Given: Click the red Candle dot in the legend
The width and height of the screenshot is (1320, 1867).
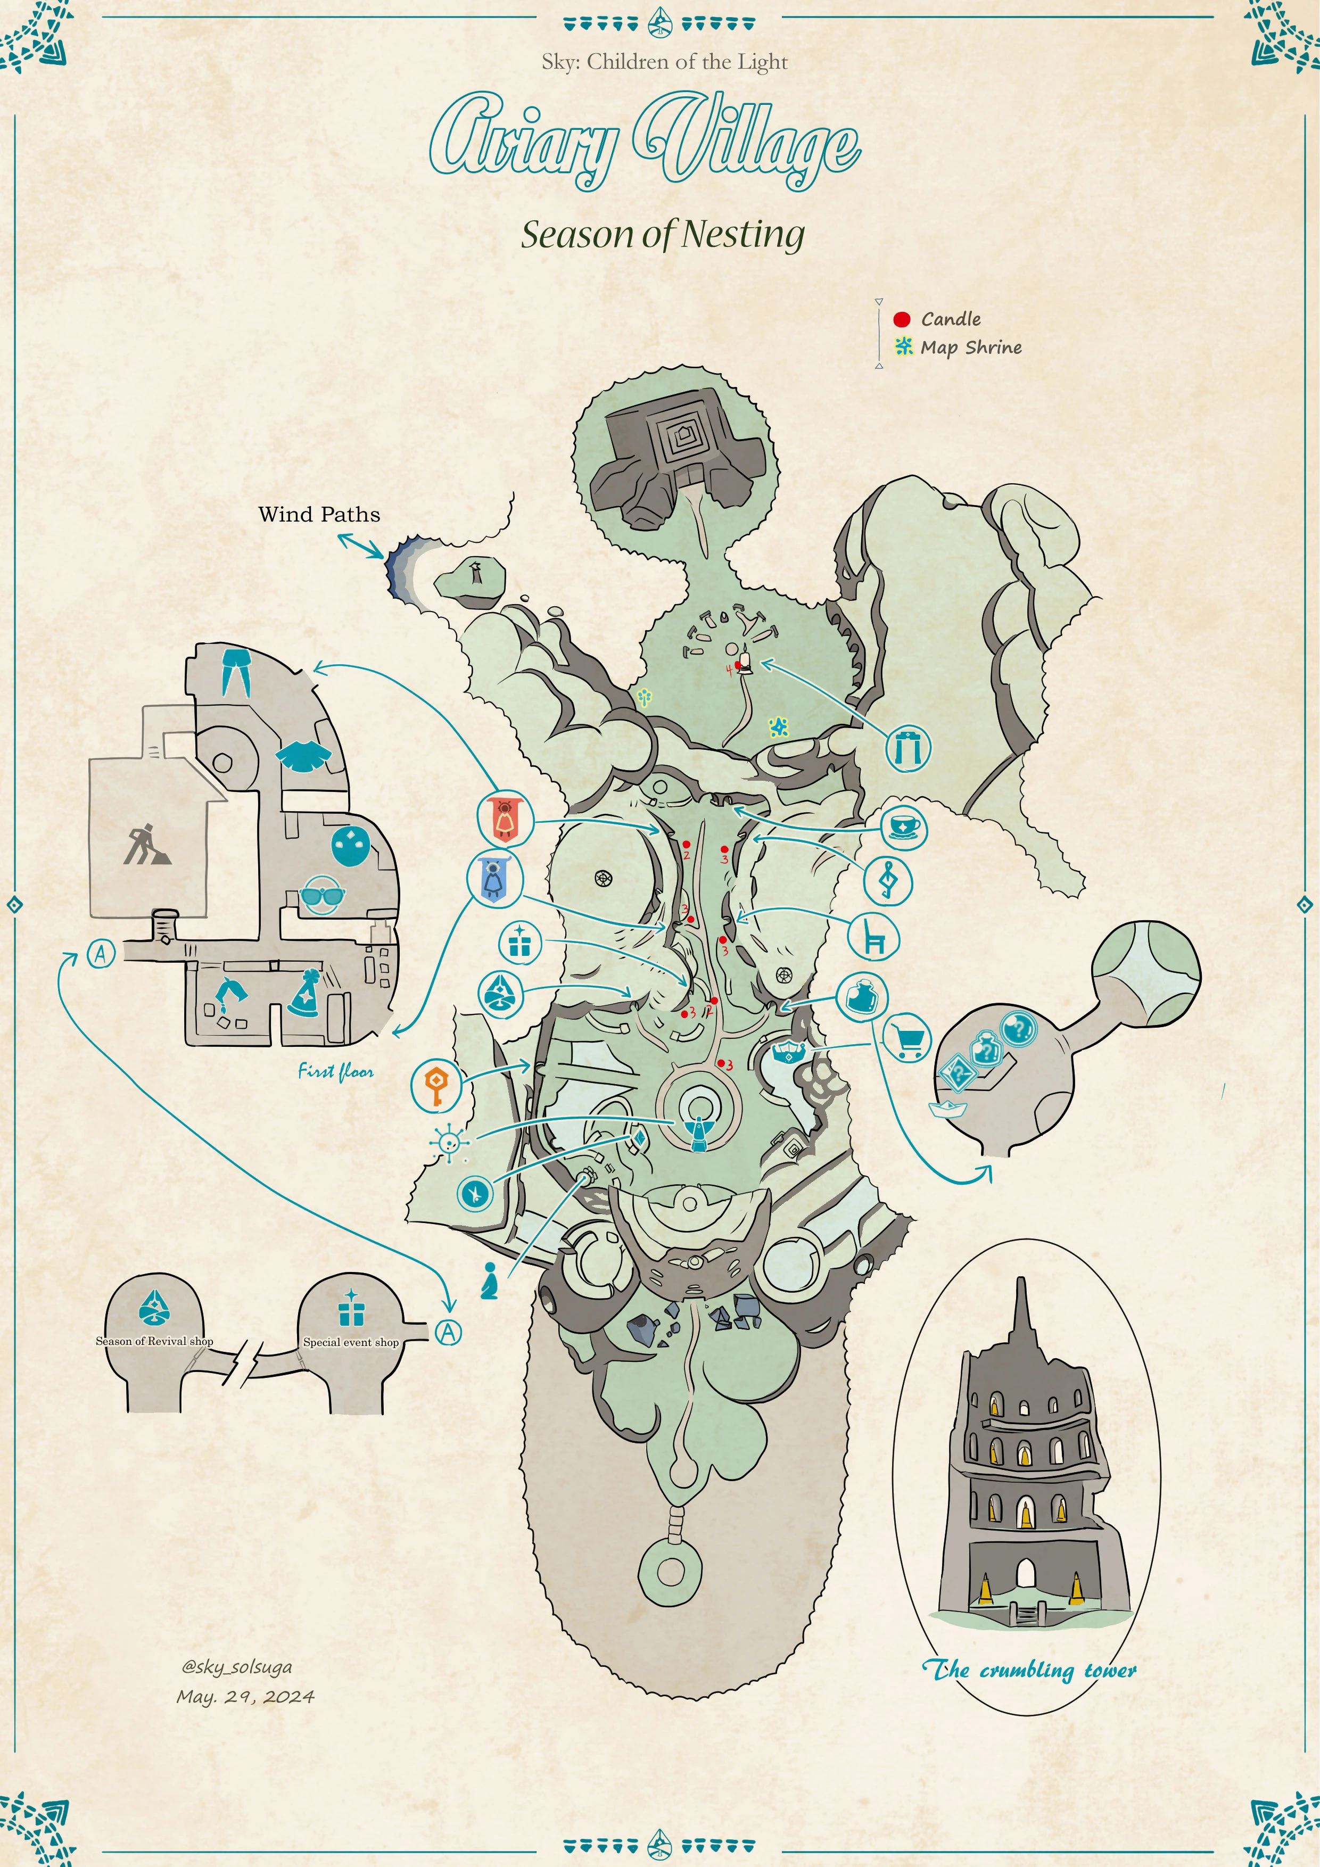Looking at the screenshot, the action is click(x=901, y=319).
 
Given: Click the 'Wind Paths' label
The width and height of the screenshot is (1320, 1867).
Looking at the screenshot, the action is click(x=319, y=514).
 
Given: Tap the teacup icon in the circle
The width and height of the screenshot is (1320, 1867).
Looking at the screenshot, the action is click(x=904, y=827).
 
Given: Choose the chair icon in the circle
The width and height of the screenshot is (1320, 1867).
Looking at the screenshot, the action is click(x=873, y=937).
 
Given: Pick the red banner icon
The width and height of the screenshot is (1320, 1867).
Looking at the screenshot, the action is click(x=505, y=819).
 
